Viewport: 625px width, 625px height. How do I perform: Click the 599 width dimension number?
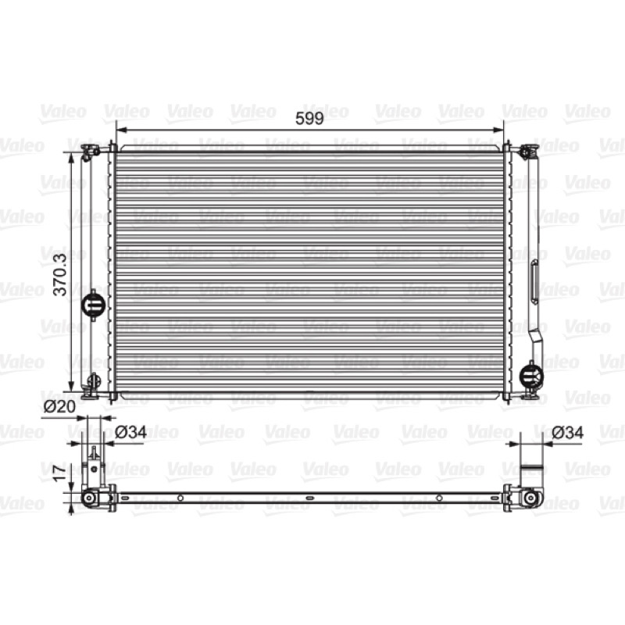[x=309, y=119]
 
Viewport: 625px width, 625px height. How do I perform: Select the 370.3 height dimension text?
[x=60, y=275]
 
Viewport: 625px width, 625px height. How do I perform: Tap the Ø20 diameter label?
[x=59, y=406]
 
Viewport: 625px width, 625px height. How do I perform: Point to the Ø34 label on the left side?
[x=130, y=432]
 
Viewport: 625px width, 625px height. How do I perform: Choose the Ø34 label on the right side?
[x=568, y=432]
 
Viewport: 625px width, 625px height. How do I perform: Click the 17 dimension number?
[x=60, y=473]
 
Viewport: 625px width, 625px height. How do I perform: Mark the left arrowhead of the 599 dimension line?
[x=120, y=130]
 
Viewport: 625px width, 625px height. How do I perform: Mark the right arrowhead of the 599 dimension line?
[x=498, y=130]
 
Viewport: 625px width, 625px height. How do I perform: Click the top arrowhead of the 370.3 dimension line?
[x=71, y=158]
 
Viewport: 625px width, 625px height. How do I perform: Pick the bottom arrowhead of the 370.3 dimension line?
[x=71, y=386]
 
